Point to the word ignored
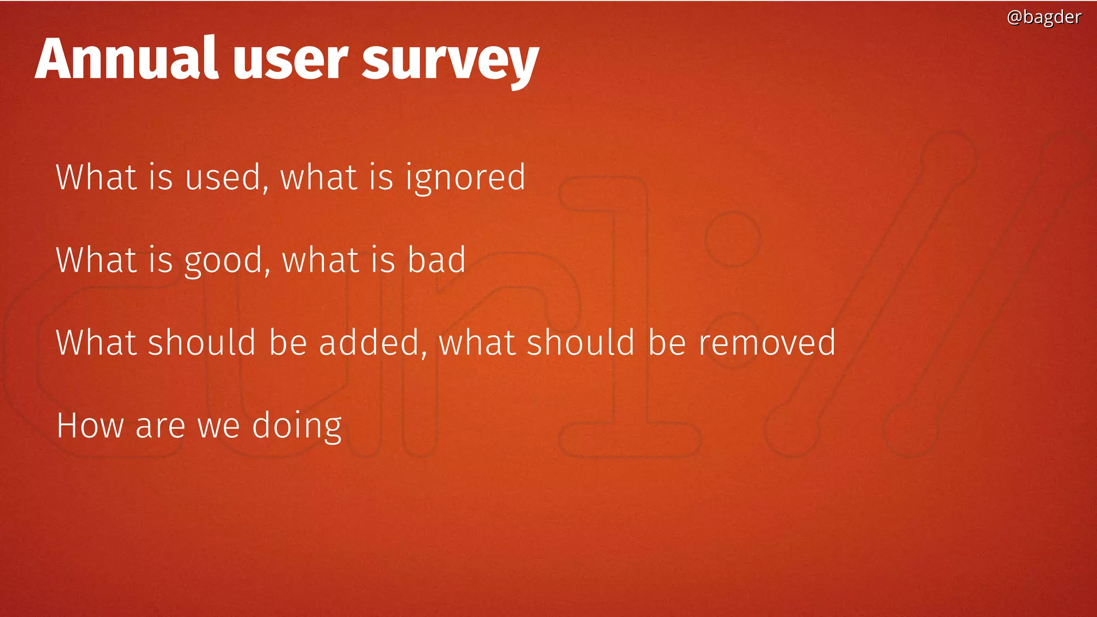465,178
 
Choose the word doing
296,427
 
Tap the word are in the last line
160,427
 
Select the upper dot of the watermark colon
733,239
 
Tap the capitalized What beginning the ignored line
96,177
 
